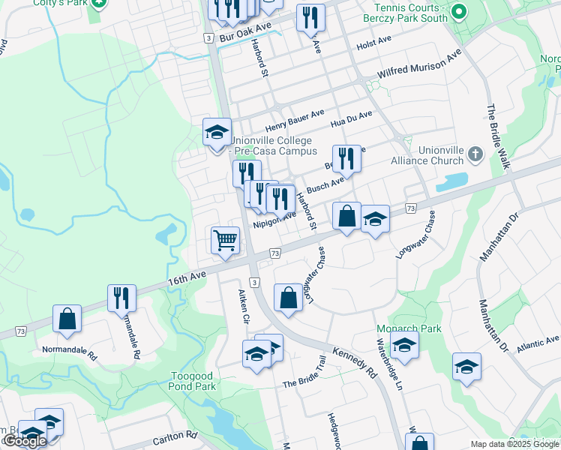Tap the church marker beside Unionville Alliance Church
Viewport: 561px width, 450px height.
click(x=474, y=154)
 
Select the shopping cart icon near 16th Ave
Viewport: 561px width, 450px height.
click(x=225, y=241)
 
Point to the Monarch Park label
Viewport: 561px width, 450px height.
click(x=398, y=328)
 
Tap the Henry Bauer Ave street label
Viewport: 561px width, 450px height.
click(x=294, y=121)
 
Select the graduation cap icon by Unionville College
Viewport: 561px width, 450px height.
click(x=217, y=133)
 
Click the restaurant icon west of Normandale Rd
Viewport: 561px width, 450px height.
click(x=121, y=298)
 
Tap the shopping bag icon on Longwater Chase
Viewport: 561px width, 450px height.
click(x=289, y=298)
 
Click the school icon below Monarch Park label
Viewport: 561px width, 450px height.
click(x=404, y=345)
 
